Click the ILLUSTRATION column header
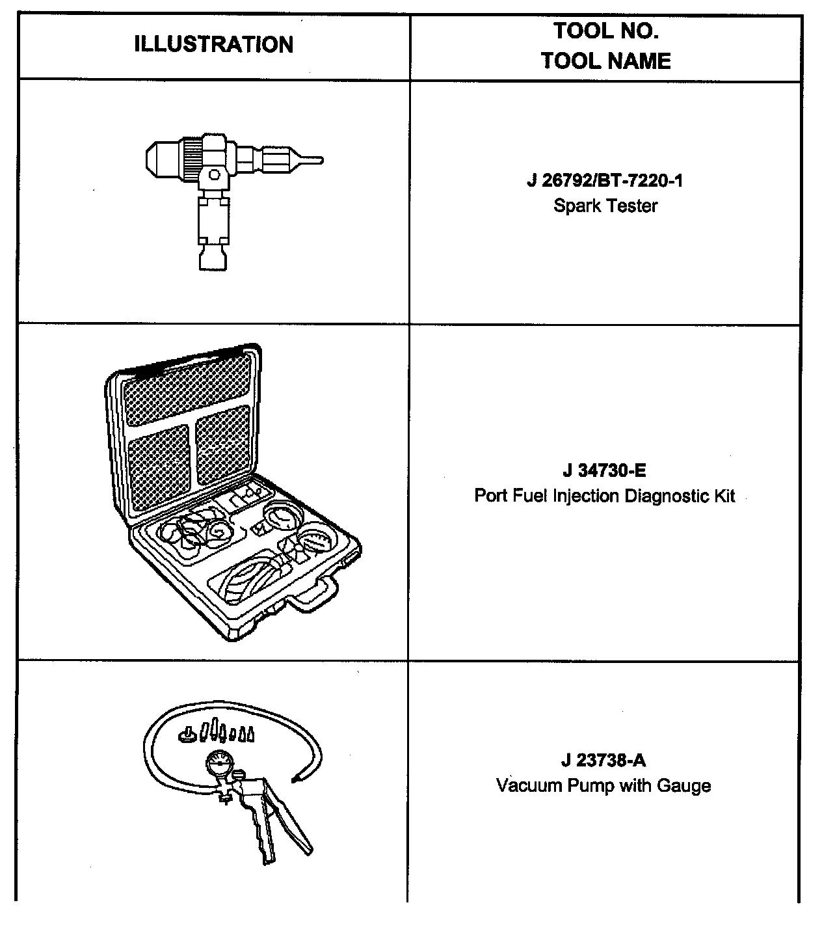[213, 45]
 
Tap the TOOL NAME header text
[605, 61]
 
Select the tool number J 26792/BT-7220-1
[605, 180]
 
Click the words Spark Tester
[605, 206]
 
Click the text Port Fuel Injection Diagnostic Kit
[605, 496]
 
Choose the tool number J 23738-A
[604, 760]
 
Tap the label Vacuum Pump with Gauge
[603, 786]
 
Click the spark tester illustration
[215, 189]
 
